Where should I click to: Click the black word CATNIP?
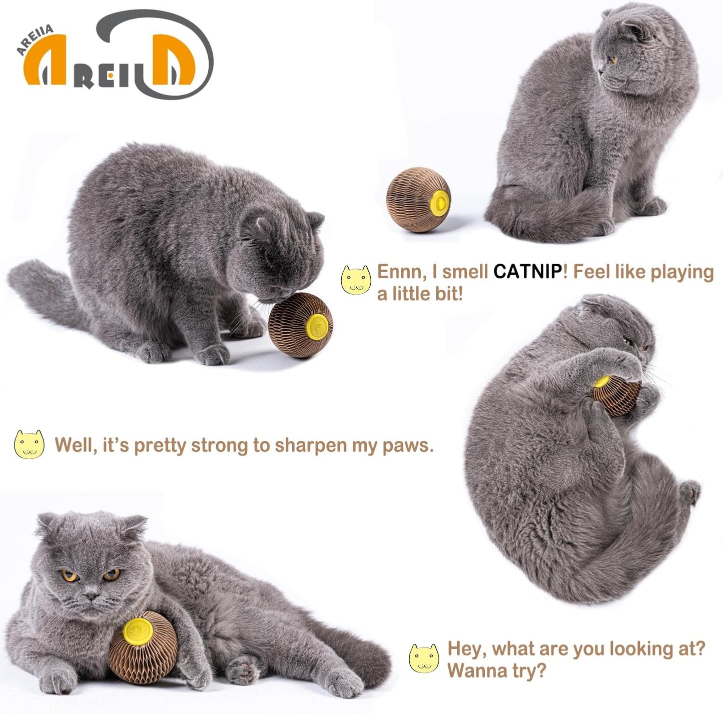click(x=527, y=272)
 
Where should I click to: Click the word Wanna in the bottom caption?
click(x=472, y=670)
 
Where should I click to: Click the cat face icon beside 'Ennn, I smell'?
click(x=356, y=280)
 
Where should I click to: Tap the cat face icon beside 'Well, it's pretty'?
click(x=29, y=444)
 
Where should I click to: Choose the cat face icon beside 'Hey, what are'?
click(x=424, y=658)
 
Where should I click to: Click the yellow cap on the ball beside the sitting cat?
click(x=440, y=202)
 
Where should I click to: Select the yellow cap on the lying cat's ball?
click(x=138, y=631)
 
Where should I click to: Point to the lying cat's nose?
click(x=91, y=596)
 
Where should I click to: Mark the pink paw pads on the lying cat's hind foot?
click(x=243, y=668)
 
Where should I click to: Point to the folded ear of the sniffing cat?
click(x=314, y=219)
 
